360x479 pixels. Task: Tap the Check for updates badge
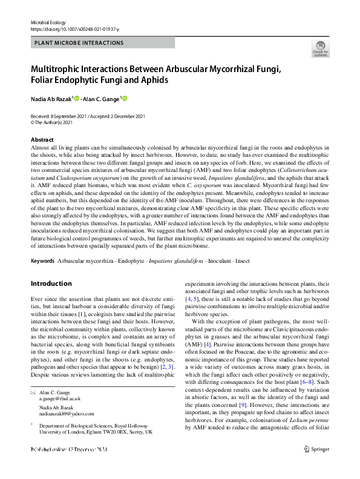(x=320, y=48)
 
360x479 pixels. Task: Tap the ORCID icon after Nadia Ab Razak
(x=77, y=98)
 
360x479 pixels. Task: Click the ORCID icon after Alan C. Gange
(x=125, y=98)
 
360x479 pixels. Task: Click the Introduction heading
(x=51, y=283)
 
